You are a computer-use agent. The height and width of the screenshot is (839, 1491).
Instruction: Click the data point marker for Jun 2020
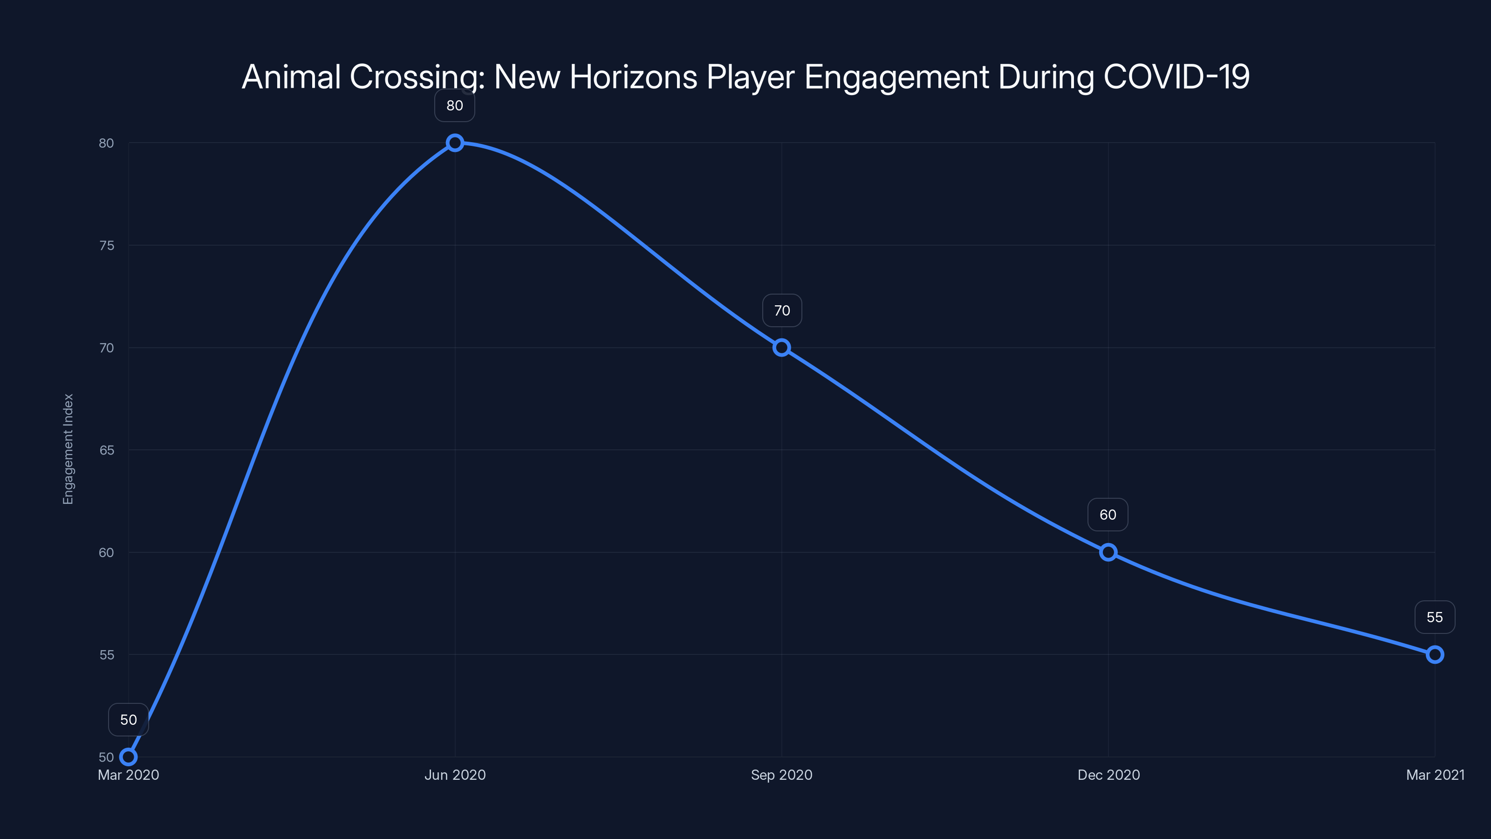[455, 143]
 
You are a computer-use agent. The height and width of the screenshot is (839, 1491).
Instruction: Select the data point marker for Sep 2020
[781, 347]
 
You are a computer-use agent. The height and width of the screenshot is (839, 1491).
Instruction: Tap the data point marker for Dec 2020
[1108, 552]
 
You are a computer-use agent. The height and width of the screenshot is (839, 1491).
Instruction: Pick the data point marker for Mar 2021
[1434, 655]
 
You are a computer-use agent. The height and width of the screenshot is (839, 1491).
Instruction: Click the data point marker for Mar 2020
[128, 757]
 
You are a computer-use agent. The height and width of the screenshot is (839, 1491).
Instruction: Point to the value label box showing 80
[455, 105]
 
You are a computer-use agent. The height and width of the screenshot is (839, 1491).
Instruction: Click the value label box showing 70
[782, 310]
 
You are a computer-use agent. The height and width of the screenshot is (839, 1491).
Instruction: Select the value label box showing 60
[1108, 515]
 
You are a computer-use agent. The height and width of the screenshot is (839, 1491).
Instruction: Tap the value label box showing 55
[1434, 617]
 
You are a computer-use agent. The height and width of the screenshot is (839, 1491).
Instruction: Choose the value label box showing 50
[129, 720]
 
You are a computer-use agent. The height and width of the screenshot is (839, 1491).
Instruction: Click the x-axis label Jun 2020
[455, 775]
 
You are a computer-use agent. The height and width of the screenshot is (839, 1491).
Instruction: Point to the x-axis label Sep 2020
[781, 775]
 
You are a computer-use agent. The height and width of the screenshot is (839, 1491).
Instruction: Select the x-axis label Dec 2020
[1108, 775]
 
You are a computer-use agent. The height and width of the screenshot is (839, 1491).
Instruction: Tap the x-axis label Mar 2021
[1435, 775]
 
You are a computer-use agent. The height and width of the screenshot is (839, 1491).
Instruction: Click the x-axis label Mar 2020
[129, 775]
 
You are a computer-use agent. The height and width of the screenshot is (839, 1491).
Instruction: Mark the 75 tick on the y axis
[107, 246]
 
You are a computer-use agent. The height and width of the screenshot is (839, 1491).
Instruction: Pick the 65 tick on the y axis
[107, 450]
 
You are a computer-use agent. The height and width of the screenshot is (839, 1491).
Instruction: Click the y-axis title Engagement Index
[68, 449]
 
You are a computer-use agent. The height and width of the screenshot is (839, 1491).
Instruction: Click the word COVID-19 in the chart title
[1176, 76]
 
